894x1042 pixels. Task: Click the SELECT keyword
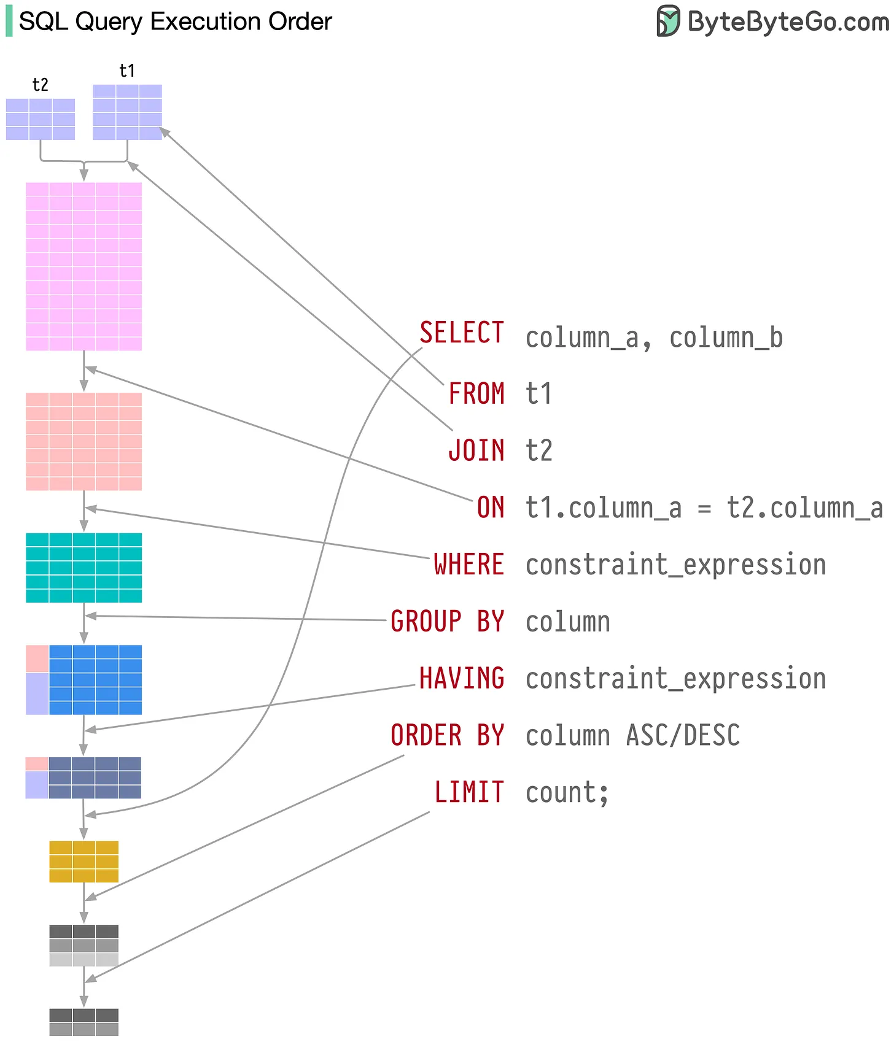(462, 333)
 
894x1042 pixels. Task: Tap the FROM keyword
(476, 393)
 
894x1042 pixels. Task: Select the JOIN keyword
(476, 450)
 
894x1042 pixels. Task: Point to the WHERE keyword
(469, 565)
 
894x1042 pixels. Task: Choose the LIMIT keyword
(469, 792)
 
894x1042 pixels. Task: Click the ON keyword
(491, 507)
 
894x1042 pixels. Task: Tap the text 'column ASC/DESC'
(632, 736)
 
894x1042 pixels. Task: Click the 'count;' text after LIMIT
(567, 793)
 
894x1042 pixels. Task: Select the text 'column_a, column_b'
(654, 338)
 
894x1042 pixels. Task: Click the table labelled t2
(41, 119)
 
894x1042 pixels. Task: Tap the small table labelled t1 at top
(127, 112)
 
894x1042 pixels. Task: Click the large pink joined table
(84, 266)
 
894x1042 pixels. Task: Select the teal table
(84, 568)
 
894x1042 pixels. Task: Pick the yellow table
(84, 862)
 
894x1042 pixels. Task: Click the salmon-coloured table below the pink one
(84, 441)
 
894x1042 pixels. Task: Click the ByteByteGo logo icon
(668, 21)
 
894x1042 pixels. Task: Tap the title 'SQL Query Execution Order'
(176, 22)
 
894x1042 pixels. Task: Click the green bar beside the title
(9, 21)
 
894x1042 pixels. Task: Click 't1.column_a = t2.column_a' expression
(704, 509)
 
